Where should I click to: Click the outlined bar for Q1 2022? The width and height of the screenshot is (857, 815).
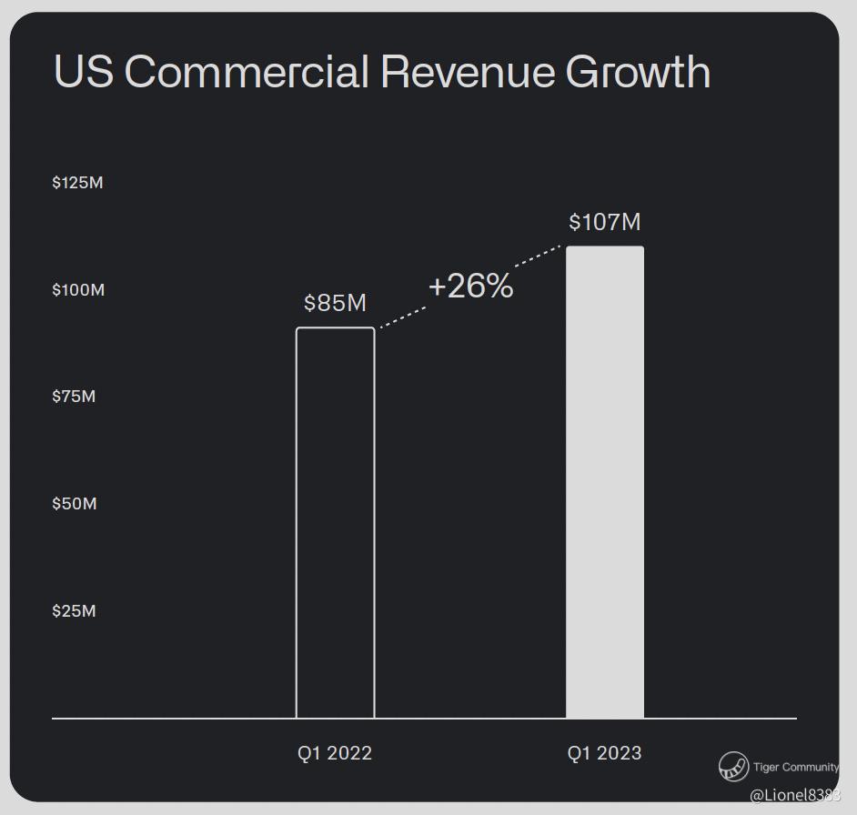[335, 523]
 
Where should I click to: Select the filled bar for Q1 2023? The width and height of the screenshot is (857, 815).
[605, 482]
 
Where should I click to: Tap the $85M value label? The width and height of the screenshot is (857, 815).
[335, 303]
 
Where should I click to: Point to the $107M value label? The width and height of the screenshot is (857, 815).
[605, 222]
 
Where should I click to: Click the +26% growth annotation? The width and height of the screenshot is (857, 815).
[470, 287]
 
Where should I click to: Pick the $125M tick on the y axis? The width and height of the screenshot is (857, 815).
[78, 183]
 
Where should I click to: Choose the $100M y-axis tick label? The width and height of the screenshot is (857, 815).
[78, 290]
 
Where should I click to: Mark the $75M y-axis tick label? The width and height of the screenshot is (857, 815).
[74, 397]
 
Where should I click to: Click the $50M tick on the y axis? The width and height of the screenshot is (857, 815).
[74, 504]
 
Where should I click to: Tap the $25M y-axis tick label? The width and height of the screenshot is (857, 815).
[74, 611]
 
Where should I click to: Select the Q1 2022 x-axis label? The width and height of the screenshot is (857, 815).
[335, 753]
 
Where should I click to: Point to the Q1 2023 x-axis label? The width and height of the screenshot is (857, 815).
[605, 753]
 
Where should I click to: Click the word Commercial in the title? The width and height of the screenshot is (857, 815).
[247, 72]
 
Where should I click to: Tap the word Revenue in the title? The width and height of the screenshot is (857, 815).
[468, 72]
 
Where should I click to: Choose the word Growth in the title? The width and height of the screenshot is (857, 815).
[638, 72]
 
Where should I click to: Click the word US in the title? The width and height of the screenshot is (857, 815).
[84, 72]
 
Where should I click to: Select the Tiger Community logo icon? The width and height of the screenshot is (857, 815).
[733, 767]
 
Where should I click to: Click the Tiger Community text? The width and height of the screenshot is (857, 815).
[796, 767]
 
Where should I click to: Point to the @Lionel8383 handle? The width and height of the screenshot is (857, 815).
[794, 795]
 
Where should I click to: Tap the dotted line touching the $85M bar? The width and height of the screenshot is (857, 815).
[402, 317]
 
